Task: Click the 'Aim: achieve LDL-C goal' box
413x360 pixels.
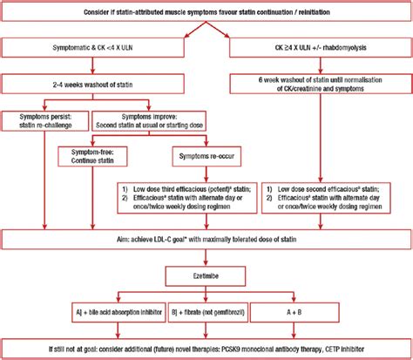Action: tap(206, 239)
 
